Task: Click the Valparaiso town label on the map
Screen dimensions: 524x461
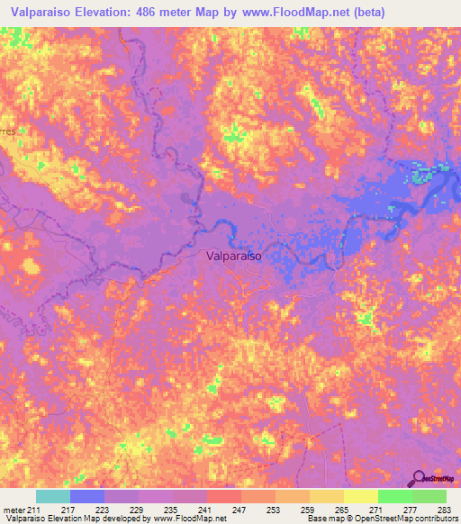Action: pos(234,257)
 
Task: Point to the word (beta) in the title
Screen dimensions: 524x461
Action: pos(369,13)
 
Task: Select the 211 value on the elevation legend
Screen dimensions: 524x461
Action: pos(34,510)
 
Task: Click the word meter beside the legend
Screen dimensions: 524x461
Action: pos(14,510)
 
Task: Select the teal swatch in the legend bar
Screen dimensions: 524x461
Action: pos(52,496)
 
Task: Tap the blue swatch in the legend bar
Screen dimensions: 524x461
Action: pos(86,496)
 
